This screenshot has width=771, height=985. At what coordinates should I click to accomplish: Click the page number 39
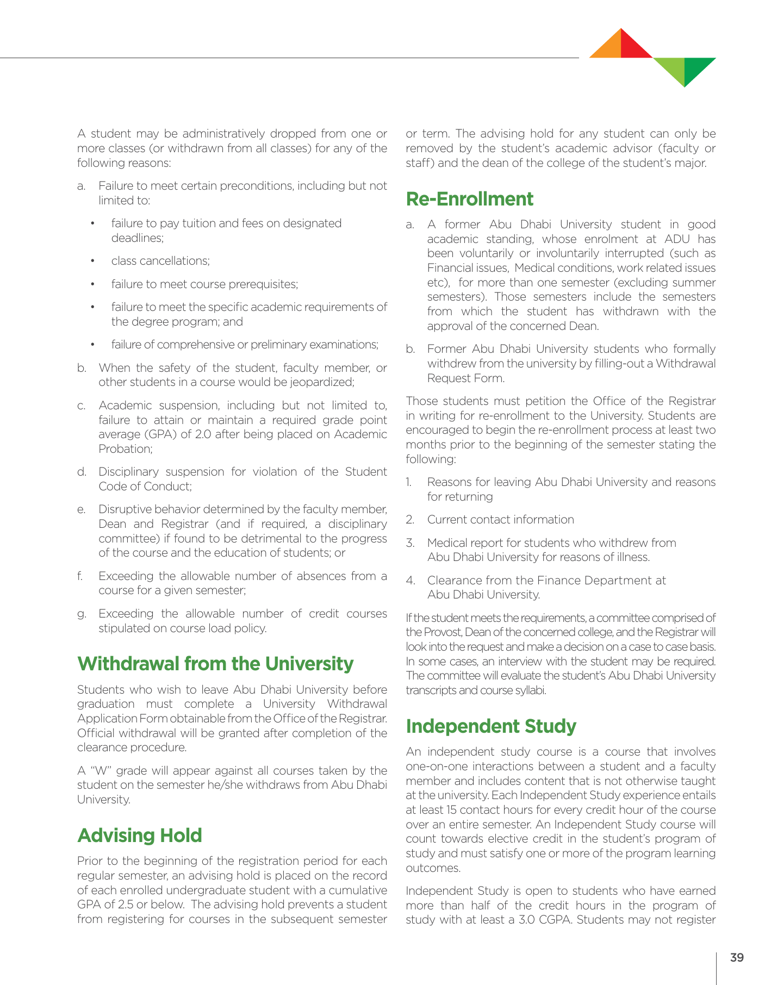tap(737, 958)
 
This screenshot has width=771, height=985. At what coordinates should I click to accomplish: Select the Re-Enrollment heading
tap(470, 199)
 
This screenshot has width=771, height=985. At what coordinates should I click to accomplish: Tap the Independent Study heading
tap(491, 726)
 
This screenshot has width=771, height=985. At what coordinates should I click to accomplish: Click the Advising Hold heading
tap(140, 836)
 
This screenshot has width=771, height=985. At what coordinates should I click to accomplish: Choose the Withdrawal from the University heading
tap(215, 664)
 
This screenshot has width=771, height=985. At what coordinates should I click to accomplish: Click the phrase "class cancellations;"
tap(160, 261)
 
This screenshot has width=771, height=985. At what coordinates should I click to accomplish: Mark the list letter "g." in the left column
tap(82, 614)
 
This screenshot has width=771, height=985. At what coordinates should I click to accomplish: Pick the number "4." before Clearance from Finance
tap(411, 581)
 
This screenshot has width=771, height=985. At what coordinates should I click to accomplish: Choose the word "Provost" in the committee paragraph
tap(442, 632)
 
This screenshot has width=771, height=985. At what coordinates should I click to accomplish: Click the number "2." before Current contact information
tap(411, 520)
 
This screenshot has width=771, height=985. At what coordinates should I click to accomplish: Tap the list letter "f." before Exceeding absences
tap(81, 576)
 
